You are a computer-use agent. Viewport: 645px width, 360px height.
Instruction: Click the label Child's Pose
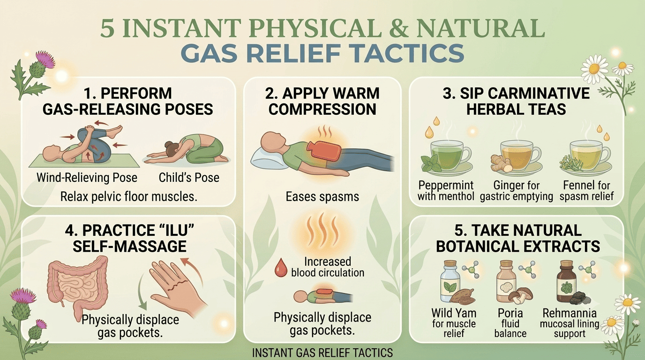189,177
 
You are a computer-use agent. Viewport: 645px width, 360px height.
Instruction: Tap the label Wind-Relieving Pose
87,177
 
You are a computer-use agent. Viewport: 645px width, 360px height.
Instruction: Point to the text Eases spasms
322,197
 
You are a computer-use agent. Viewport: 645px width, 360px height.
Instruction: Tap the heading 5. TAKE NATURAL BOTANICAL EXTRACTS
517,238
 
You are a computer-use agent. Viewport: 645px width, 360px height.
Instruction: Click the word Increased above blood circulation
328,262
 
